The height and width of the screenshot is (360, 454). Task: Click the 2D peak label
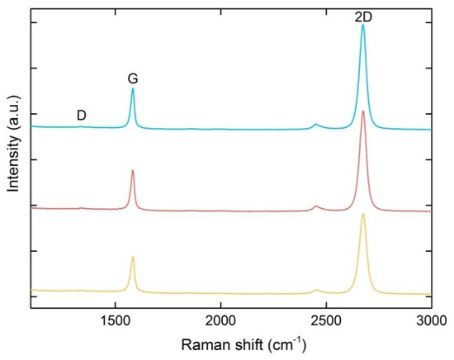click(x=362, y=16)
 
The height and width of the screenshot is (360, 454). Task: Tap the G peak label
click(x=132, y=78)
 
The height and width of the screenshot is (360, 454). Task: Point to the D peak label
click(x=82, y=115)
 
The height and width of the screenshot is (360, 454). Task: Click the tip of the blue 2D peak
click(x=362, y=26)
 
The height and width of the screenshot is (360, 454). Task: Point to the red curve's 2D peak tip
click(x=362, y=111)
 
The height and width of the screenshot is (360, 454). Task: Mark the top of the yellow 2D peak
click(x=362, y=215)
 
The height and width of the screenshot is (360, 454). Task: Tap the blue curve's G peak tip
click(x=133, y=89)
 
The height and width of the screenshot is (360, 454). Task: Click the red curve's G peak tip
click(x=133, y=171)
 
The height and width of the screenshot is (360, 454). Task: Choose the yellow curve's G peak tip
click(x=133, y=257)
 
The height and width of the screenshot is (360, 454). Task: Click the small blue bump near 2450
click(x=316, y=125)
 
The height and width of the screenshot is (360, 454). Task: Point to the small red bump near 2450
click(x=316, y=206)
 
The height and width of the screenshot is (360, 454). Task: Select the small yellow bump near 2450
click(x=316, y=290)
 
